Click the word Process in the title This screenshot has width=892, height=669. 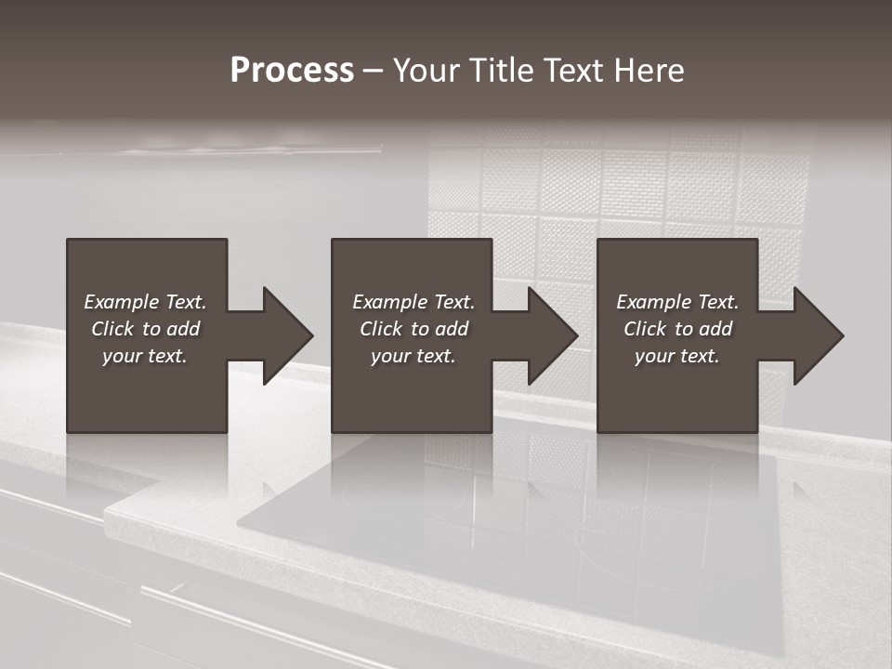[x=292, y=71]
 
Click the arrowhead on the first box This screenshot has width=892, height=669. [x=286, y=335]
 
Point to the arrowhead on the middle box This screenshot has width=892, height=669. [x=552, y=335]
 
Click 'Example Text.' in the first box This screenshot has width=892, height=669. [x=145, y=302]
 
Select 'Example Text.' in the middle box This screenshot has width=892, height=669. [x=413, y=302]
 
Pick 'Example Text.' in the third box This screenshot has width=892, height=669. [x=677, y=302]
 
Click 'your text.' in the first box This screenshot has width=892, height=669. [x=145, y=356]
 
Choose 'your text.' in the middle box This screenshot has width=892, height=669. [x=413, y=356]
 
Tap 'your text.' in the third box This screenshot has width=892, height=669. [x=677, y=356]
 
